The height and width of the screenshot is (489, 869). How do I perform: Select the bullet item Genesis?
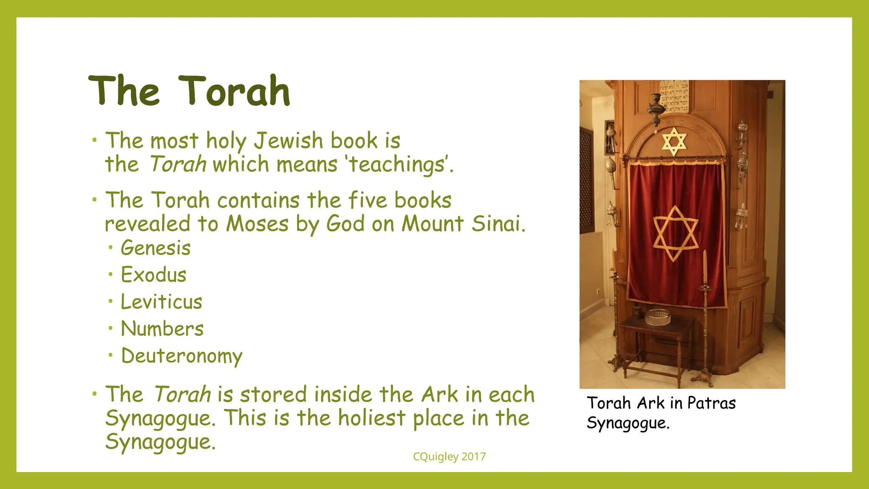pyautogui.click(x=155, y=248)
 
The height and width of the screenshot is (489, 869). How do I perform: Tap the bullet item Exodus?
pyautogui.click(x=153, y=275)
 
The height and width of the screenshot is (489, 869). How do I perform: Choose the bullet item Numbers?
pyautogui.click(x=162, y=329)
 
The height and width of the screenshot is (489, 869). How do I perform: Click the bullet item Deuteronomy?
pyautogui.click(x=182, y=356)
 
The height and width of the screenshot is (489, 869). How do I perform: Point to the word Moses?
pyautogui.click(x=257, y=224)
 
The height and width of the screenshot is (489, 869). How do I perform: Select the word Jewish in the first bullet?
pyautogui.click(x=288, y=141)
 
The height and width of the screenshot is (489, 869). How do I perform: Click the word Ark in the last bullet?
pyautogui.click(x=440, y=394)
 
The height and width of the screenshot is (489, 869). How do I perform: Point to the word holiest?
pyautogui.click(x=371, y=418)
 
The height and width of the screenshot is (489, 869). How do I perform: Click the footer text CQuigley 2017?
pyautogui.click(x=449, y=457)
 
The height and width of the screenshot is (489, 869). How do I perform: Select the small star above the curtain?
pyautogui.click(x=674, y=141)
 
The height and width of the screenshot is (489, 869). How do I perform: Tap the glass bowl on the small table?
pyautogui.click(x=658, y=317)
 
